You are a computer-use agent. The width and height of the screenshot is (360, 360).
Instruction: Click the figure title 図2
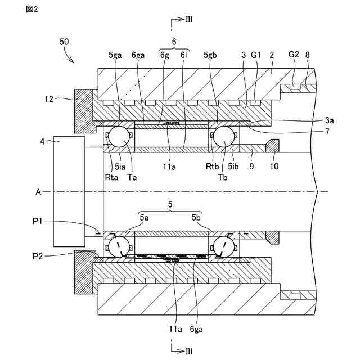32,9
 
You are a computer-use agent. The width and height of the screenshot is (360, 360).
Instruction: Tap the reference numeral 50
64,42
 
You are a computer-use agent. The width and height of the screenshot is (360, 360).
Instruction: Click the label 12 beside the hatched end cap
49,99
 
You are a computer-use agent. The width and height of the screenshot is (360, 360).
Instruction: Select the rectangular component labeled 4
69,191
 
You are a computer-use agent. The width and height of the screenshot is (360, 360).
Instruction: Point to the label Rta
111,177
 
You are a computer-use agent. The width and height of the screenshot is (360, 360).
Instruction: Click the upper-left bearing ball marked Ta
119,137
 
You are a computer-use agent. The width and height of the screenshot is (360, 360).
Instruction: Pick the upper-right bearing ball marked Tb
224,137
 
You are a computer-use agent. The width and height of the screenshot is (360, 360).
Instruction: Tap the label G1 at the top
256,55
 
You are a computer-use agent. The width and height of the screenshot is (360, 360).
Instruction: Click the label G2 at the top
294,55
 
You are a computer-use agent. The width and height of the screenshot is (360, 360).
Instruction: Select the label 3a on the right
329,120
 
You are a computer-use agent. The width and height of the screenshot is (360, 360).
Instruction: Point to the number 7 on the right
327,132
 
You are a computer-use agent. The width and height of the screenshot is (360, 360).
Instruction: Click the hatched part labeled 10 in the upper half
272,146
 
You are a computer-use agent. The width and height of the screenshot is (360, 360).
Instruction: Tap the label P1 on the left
38,221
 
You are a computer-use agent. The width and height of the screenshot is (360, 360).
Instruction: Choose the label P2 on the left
38,256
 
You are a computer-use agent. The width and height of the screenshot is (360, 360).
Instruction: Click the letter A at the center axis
38,192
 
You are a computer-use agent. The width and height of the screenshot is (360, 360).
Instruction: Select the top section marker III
189,20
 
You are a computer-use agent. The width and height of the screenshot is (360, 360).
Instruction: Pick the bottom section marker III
189,351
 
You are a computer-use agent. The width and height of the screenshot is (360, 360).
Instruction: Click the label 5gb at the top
210,55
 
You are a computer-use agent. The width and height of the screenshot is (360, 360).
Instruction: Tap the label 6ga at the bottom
196,330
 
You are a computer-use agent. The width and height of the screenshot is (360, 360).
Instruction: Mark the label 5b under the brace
196,217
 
